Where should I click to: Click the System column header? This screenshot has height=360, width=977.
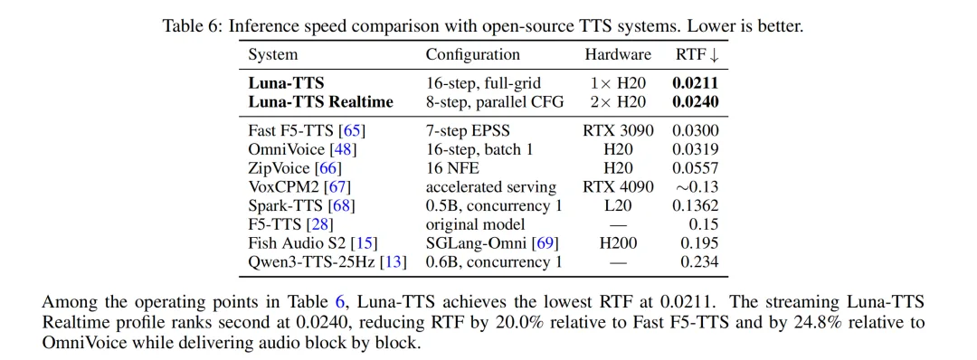coord(273,55)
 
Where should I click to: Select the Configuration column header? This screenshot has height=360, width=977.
coord(472,55)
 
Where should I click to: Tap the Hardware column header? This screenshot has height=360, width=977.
coord(618,55)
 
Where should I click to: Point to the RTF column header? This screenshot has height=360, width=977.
coord(697,55)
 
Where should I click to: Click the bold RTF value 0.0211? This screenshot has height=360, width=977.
coord(696,83)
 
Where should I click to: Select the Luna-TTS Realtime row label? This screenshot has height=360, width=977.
coord(321,101)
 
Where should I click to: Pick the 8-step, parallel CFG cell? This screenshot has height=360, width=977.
coord(495,101)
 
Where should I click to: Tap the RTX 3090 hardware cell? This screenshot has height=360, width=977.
coord(618,131)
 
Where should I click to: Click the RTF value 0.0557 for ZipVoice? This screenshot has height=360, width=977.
coord(696,168)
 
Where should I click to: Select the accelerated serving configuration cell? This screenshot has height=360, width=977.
coord(491,187)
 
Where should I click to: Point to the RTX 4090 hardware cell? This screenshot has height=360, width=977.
coord(618,187)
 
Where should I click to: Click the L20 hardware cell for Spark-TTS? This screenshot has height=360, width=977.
coord(618,205)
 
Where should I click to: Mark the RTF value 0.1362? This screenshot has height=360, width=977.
coord(696,205)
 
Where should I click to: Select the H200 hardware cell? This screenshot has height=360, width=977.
coord(618,243)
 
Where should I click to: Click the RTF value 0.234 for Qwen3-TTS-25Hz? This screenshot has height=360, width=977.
coord(699,261)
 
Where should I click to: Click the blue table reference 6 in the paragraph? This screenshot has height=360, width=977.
coord(340,303)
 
